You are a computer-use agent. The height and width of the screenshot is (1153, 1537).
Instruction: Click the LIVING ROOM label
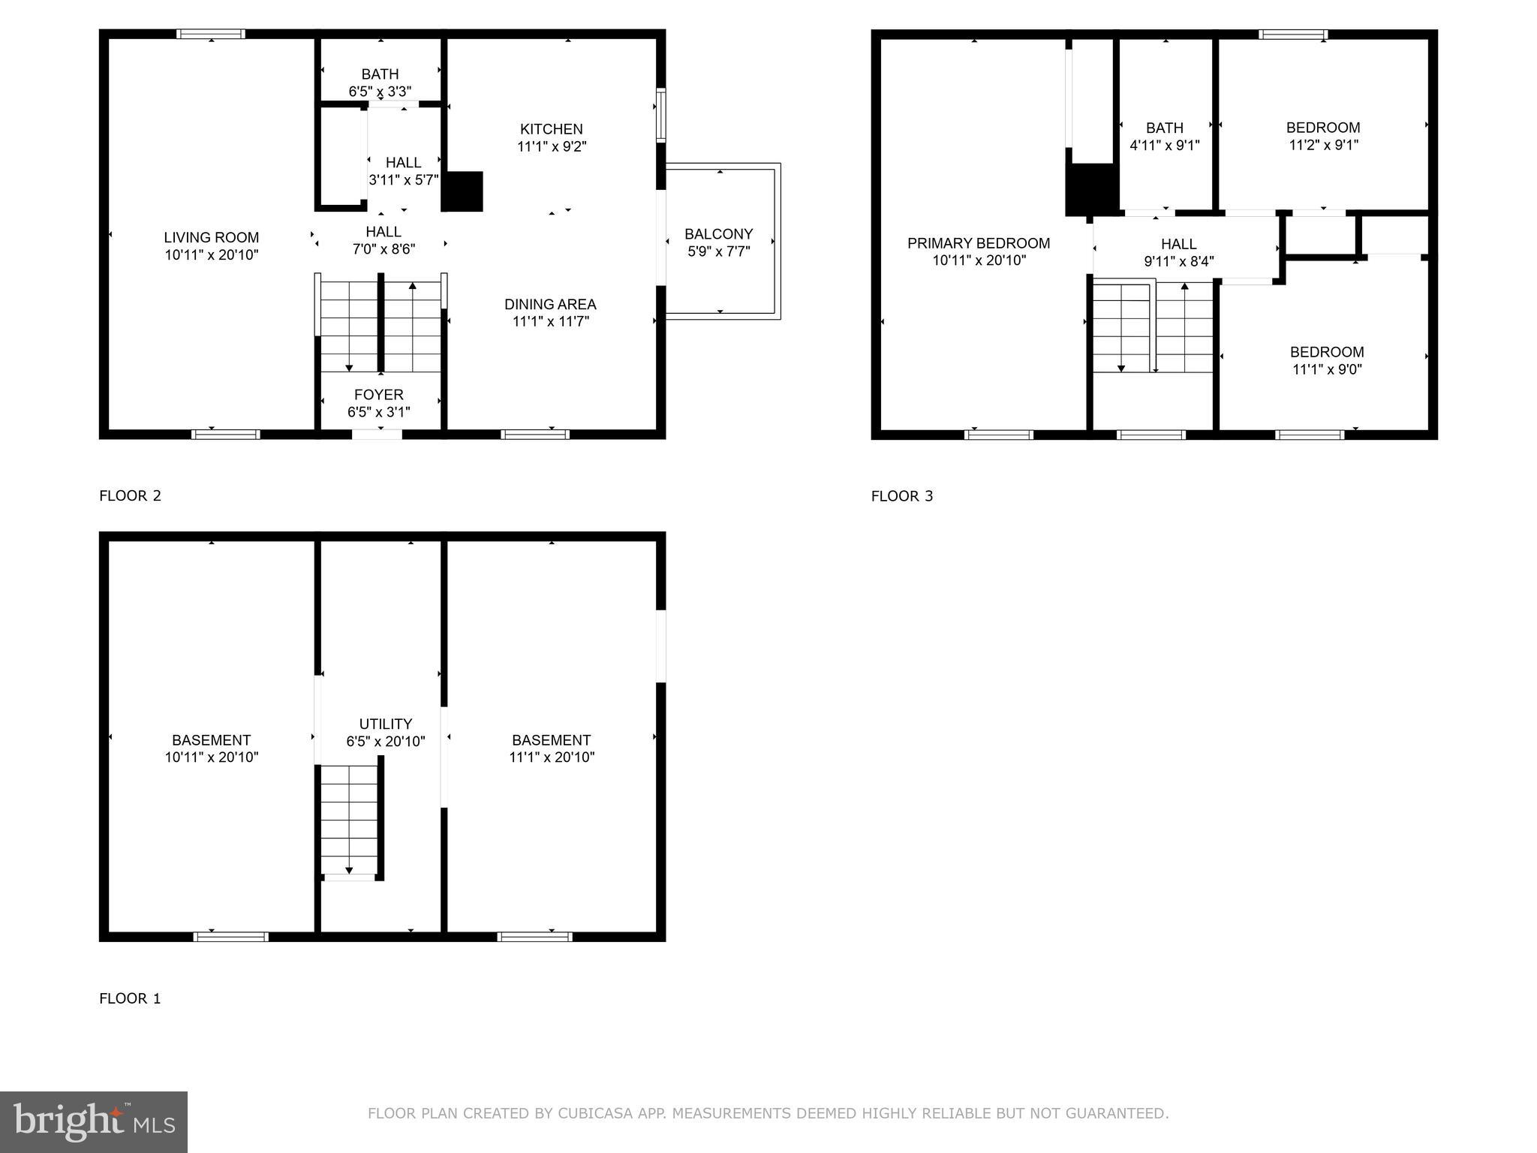tap(211, 238)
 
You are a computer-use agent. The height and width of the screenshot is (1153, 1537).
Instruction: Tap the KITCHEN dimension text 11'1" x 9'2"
tap(552, 146)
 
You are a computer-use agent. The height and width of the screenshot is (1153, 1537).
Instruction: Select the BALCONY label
tap(718, 234)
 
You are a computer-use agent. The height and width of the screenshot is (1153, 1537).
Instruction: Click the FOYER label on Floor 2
tap(379, 395)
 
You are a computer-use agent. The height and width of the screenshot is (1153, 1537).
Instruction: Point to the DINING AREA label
tap(550, 304)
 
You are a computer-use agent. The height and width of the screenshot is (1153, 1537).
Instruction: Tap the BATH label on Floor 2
tap(380, 74)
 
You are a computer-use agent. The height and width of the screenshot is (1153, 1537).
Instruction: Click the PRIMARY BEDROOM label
tap(979, 243)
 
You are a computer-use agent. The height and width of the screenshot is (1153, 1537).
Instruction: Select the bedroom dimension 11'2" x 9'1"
tap(1324, 145)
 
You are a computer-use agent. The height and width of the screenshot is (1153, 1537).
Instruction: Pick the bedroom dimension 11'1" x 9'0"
tap(1327, 369)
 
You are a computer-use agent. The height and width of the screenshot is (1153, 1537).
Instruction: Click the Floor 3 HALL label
tap(1178, 244)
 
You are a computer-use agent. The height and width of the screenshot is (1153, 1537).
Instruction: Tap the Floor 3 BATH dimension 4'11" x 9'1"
tap(1165, 146)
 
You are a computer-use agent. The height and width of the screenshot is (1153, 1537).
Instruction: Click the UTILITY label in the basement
tap(385, 724)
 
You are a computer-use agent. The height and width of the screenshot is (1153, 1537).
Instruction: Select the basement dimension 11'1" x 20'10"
tap(552, 757)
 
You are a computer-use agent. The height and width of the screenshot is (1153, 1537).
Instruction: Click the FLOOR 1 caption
tap(130, 998)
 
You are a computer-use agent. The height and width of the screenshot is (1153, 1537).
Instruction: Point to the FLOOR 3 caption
tap(901, 496)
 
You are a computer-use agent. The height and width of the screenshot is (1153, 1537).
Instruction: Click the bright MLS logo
tap(94, 1121)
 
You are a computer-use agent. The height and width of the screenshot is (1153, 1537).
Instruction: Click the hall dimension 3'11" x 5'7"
tap(404, 180)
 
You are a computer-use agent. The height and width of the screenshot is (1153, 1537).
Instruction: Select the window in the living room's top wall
tap(211, 34)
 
